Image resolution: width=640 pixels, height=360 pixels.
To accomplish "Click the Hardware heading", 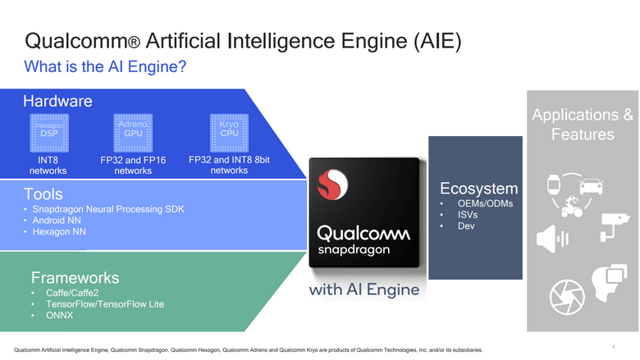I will [x=57, y=102].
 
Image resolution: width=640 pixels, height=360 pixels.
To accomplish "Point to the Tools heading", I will [x=43, y=194].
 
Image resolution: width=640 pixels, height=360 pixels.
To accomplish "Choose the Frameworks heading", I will [x=75, y=277].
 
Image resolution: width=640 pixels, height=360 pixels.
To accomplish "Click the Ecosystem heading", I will [x=479, y=188].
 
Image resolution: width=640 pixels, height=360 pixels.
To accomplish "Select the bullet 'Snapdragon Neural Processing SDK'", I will [x=108, y=209].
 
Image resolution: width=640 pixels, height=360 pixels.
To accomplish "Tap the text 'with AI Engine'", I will [x=364, y=289].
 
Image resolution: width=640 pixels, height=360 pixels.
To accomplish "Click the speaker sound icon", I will [x=551, y=239].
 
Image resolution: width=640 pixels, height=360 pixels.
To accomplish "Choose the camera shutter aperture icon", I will [x=566, y=294].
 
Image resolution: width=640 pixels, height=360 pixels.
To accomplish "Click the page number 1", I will [x=613, y=347].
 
